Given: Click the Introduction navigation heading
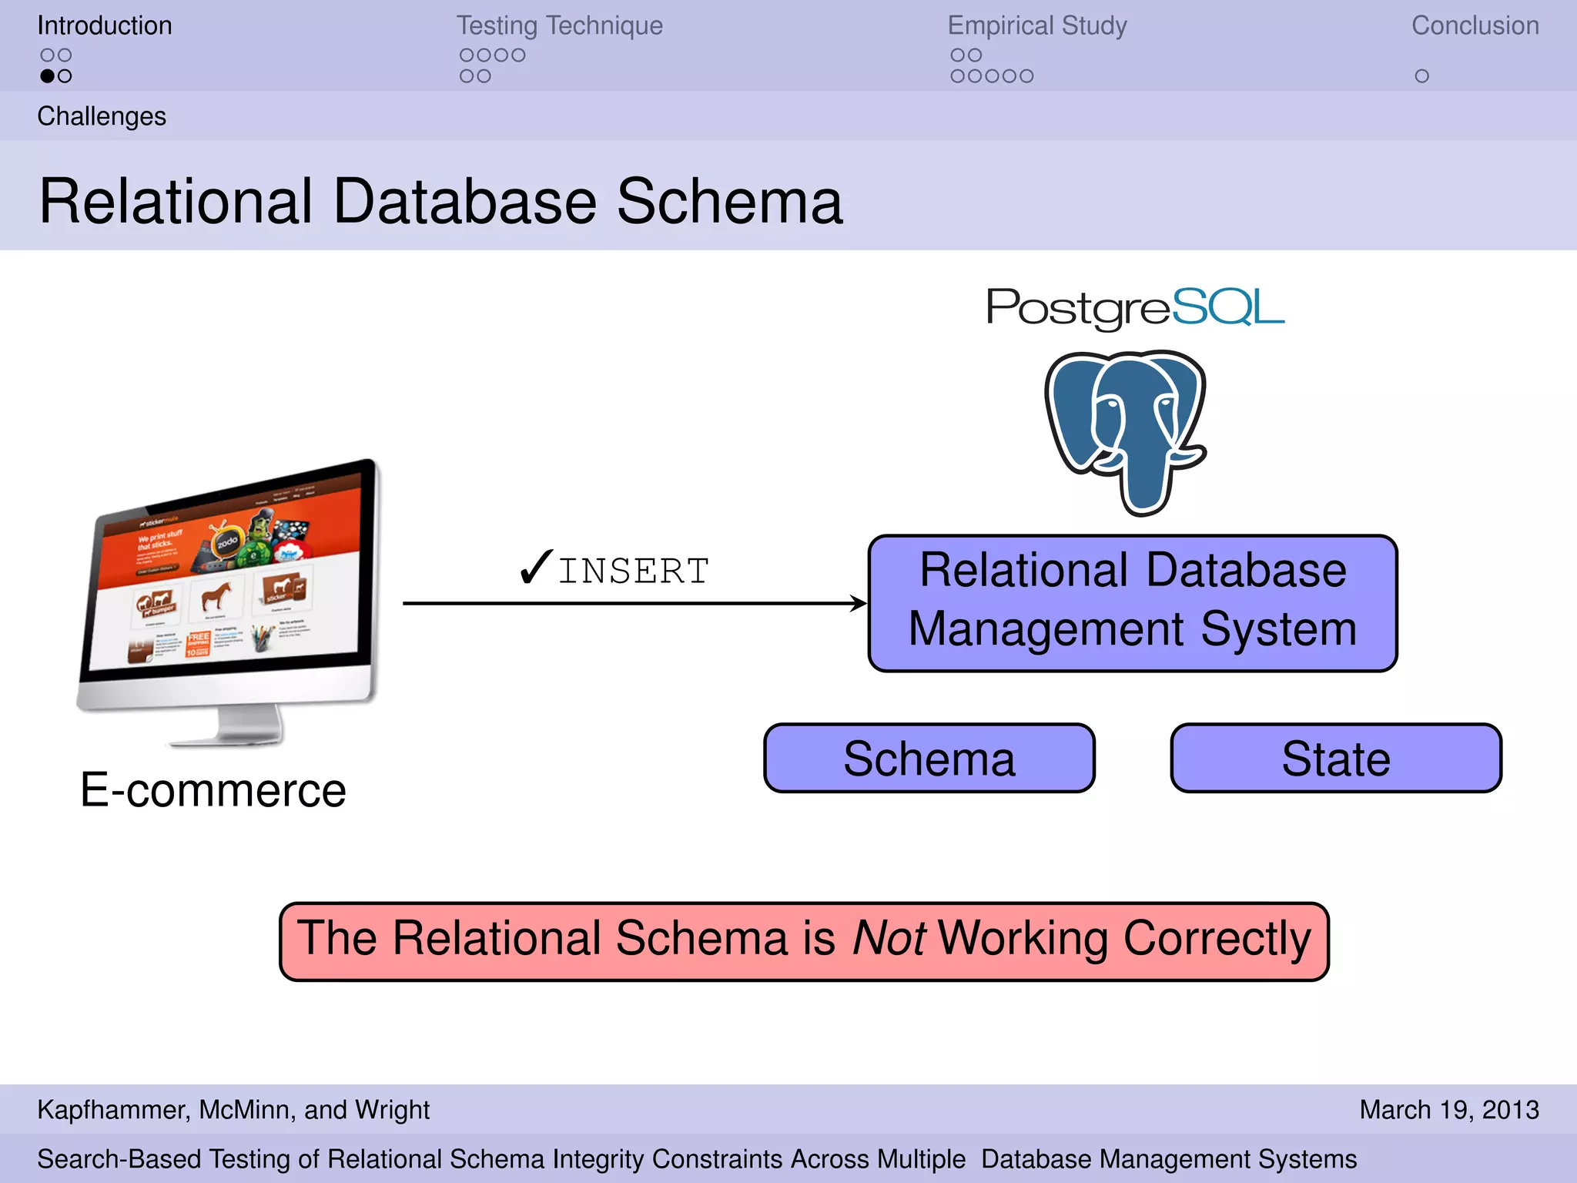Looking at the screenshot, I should point(105,25).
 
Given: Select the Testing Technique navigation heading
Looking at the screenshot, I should point(559,25).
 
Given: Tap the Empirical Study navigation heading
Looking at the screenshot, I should point(1036,25).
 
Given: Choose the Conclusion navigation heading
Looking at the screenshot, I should point(1475,25).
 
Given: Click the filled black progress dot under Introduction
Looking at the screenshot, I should point(47,76).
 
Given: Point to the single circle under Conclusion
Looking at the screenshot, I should point(1421,76).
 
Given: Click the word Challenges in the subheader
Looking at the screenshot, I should point(102,116).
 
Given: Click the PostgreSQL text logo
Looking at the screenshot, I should point(1135,307).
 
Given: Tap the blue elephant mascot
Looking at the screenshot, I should point(1126,431).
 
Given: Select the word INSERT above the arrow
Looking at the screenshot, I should point(633,571).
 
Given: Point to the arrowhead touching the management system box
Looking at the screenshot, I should point(859,603).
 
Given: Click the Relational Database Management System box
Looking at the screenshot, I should point(1132,602).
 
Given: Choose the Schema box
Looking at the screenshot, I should point(929,759).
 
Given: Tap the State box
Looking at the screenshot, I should point(1335,759).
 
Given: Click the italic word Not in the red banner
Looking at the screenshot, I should point(889,939).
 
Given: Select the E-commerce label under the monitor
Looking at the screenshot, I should point(213,790).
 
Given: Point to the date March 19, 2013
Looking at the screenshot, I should point(1448,1110).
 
